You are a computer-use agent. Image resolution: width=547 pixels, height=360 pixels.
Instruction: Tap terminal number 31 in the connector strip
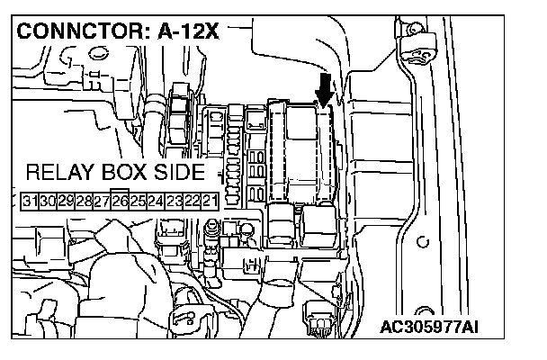31,199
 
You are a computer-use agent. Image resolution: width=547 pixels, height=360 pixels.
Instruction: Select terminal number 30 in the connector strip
49,199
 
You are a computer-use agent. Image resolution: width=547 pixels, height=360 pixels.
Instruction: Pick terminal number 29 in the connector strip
66,199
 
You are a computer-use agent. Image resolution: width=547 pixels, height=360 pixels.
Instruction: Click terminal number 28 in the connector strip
83,199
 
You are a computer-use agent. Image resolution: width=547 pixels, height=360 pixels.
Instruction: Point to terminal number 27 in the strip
101,199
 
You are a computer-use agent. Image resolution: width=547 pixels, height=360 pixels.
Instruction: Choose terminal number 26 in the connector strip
120,199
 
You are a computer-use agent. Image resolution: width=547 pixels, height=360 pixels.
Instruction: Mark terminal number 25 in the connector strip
138,199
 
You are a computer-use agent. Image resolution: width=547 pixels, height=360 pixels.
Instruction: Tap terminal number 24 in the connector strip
156,199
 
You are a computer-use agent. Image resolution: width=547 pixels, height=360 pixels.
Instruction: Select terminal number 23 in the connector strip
174,199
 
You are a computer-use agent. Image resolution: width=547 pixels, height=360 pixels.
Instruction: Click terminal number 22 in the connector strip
192,199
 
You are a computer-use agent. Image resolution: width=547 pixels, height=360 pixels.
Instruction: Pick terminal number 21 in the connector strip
209,199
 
